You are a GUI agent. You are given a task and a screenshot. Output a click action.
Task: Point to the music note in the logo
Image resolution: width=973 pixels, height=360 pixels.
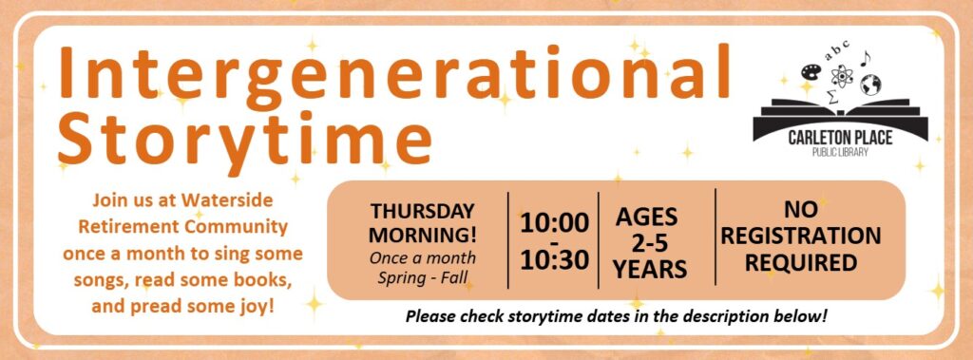tap(865, 59)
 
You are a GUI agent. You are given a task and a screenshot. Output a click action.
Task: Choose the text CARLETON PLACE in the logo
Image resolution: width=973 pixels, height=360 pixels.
tap(840, 139)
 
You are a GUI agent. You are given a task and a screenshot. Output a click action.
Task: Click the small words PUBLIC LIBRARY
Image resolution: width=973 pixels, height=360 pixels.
tap(840, 152)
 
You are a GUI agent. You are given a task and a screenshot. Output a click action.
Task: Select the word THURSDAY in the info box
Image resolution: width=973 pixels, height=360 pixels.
tap(422, 210)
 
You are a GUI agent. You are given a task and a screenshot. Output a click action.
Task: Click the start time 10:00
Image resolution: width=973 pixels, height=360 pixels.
tap(554, 223)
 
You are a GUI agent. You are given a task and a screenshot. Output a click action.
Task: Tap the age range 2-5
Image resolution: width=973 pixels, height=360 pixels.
tap(649, 243)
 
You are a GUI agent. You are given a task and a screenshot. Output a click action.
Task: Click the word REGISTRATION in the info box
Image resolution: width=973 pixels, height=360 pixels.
tap(800, 235)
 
